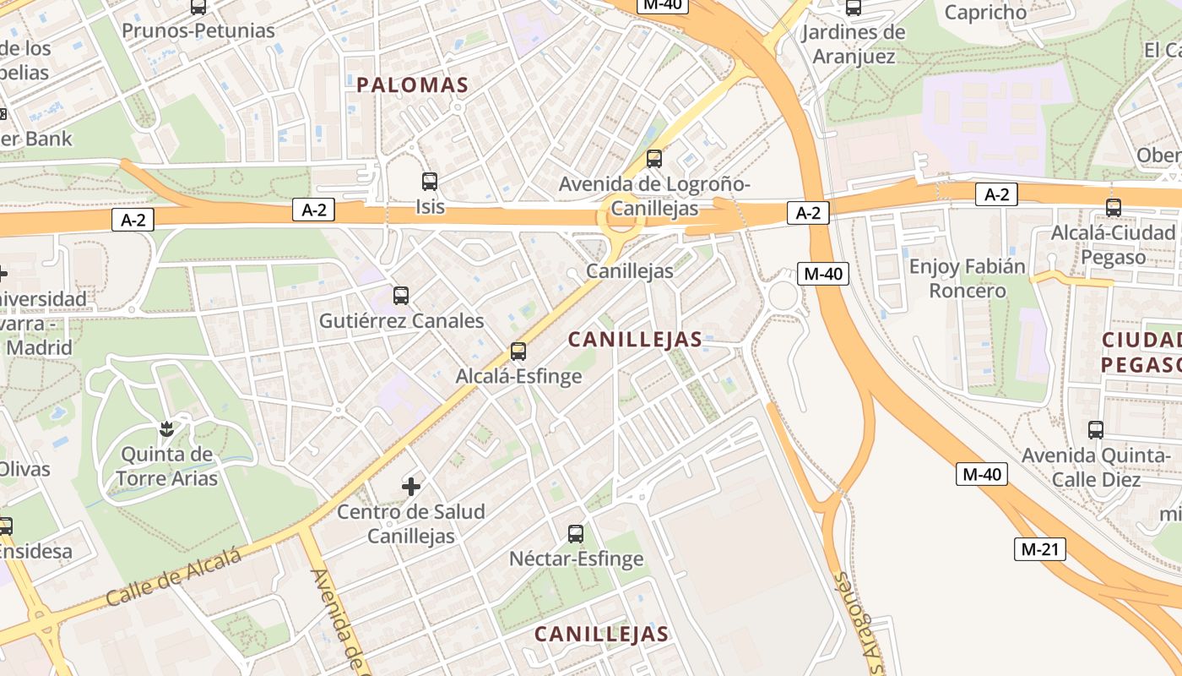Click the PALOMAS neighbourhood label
coord(412,85)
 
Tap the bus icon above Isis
coord(430,181)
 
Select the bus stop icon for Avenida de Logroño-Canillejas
coord(653,158)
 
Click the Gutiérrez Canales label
coord(401,321)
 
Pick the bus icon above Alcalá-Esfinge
coord(518,352)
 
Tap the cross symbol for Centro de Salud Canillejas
coord(411,486)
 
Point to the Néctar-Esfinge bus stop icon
coord(576,533)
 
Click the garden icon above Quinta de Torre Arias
coord(167,428)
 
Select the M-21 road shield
coord(1039,549)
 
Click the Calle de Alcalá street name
coord(174,578)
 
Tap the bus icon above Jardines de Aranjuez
coord(854,8)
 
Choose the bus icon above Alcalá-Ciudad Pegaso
coord(1114,207)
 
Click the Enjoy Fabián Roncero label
coord(968,279)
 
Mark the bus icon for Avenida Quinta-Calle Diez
coord(1096,430)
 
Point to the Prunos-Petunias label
coord(198,31)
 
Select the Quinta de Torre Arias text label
coord(167,466)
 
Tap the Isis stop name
coord(430,206)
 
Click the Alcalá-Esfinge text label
coord(518,376)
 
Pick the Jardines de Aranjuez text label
coord(853,44)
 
